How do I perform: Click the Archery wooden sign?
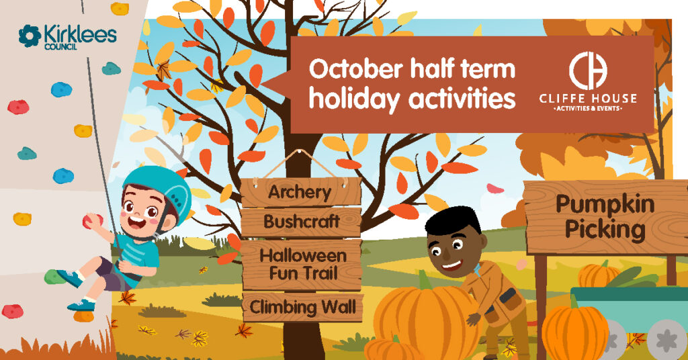(300, 193)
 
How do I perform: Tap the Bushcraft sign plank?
(300, 221)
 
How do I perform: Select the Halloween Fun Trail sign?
(302, 264)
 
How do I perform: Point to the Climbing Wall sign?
(302, 308)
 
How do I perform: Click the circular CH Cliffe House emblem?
(588, 69)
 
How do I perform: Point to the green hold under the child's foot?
(54, 276)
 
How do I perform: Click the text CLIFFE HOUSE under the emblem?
(588, 99)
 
